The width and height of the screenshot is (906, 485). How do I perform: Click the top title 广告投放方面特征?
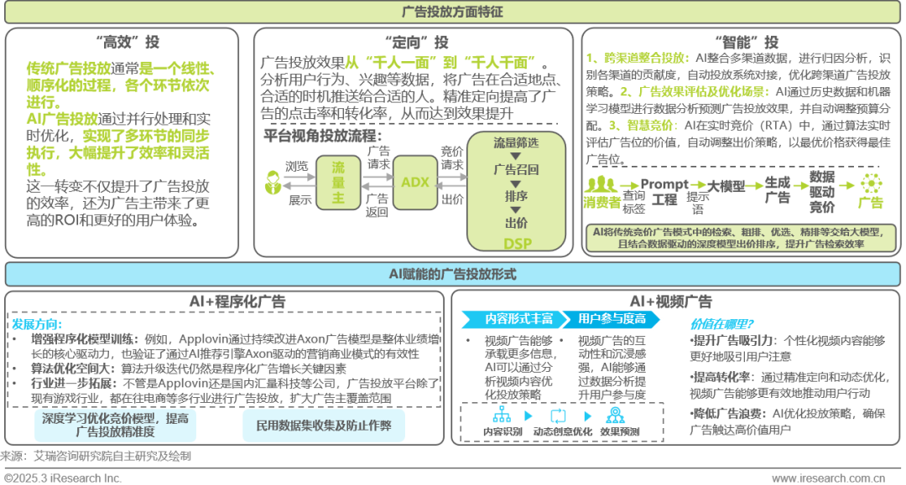pyautogui.click(x=453, y=13)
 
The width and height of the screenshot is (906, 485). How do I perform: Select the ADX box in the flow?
pyautogui.click(x=415, y=183)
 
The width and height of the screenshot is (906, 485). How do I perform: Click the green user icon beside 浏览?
pyautogui.click(x=272, y=180)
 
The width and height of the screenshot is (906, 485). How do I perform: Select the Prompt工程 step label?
pyautogui.click(x=664, y=192)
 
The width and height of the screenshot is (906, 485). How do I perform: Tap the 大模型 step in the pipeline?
pyautogui.click(x=726, y=186)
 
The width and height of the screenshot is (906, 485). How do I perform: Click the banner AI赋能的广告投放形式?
pyautogui.click(x=453, y=274)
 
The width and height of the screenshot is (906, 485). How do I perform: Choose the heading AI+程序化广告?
pyautogui.click(x=225, y=302)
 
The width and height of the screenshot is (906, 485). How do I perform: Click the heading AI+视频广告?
pyautogui.click(x=670, y=302)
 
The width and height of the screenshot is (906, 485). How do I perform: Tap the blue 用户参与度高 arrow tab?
pyautogui.click(x=612, y=318)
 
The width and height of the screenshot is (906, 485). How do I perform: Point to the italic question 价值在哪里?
pyautogui.click(x=721, y=323)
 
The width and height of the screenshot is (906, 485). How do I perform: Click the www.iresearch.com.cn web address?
pyautogui.click(x=828, y=477)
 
